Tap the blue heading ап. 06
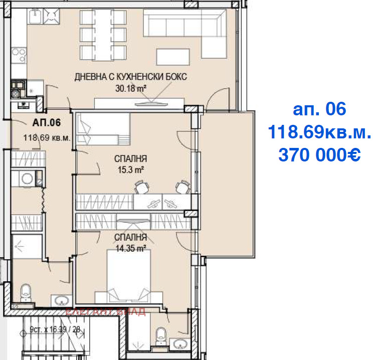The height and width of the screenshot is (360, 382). point(319,109)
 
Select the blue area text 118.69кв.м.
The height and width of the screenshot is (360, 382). point(319,132)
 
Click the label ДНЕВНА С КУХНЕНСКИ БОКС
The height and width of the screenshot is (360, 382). point(130,77)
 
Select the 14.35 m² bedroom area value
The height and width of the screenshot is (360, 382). point(130,247)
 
